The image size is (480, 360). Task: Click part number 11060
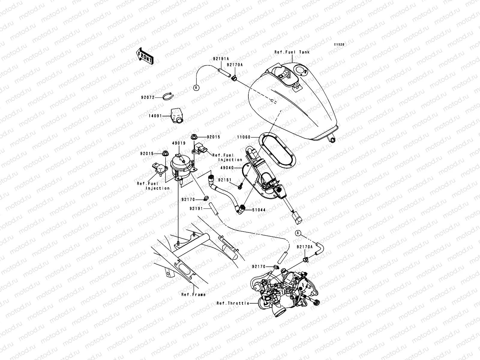click(244, 137)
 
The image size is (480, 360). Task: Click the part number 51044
click(259, 210)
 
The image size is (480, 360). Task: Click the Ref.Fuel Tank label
click(292, 52)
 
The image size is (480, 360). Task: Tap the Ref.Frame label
click(193, 295)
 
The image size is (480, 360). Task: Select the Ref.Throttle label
click(233, 303)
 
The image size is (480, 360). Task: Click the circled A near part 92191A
click(196, 88)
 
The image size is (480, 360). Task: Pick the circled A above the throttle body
click(298, 233)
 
